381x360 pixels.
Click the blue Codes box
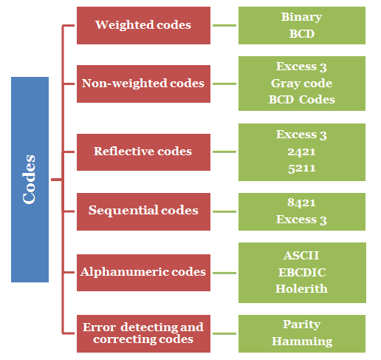click(x=30, y=179)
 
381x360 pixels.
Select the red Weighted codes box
click(x=143, y=25)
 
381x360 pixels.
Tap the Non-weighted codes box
click(x=143, y=84)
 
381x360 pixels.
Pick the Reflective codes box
click(x=143, y=152)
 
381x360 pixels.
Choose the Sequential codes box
click(x=143, y=211)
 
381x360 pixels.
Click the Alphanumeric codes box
click(x=143, y=272)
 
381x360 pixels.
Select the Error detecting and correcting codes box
click(x=143, y=333)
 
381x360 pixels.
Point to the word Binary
click(x=302, y=16)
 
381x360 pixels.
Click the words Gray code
click(x=302, y=84)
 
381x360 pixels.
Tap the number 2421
click(x=302, y=152)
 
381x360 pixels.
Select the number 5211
click(x=302, y=168)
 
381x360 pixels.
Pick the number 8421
click(x=302, y=203)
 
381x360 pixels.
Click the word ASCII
click(x=302, y=257)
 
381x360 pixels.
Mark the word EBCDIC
click(x=302, y=273)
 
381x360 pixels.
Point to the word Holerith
click(x=302, y=289)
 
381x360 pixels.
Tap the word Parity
click(x=302, y=325)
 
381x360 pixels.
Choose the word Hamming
click(x=302, y=342)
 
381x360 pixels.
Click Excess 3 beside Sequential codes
click(x=302, y=220)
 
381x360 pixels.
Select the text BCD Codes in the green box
click(x=302, y=100)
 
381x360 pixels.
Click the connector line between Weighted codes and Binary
click(x=224, y=25)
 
